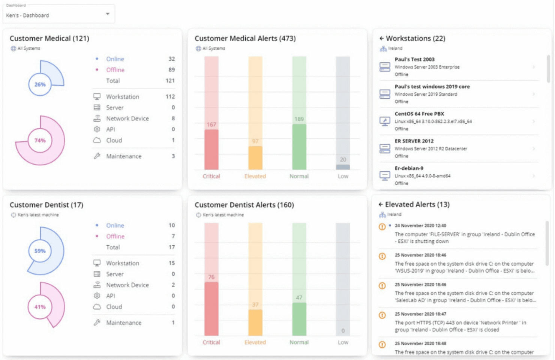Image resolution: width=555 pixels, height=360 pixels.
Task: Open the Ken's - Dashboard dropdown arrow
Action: point(108,14)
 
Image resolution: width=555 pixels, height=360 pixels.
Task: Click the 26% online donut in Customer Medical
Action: point(40,84)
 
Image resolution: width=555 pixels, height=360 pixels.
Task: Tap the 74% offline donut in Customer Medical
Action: point(40,141)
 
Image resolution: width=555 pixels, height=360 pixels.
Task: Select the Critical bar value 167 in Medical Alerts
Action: point(211,149)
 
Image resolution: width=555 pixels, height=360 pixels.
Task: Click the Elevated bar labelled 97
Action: point(255,157)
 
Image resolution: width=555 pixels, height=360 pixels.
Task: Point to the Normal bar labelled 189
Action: point(299,146)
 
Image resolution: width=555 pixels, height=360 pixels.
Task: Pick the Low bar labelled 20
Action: point(343,167)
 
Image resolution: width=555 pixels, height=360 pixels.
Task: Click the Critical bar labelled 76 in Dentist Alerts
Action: point(211,308)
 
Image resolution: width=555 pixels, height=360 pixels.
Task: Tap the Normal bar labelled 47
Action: point(299,319)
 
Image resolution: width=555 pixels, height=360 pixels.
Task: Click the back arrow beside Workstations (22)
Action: point(381,38)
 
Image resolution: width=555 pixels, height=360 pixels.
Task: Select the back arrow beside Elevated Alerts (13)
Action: point(381,204)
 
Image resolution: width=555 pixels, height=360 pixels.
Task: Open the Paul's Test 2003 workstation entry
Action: point(414,59)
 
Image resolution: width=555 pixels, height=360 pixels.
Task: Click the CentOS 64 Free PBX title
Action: point(419,114)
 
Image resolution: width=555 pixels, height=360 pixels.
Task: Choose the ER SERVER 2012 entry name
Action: point(414,141)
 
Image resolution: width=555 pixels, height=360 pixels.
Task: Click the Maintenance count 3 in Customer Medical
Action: point(173,156)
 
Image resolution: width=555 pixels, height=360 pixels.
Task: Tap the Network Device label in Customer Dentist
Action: point(127,285)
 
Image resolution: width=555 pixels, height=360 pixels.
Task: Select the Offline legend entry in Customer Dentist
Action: point(115,236)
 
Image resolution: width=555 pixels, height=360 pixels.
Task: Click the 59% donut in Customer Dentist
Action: point(40,251)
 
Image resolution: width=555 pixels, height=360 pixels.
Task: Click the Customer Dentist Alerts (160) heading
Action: point(244,205)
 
